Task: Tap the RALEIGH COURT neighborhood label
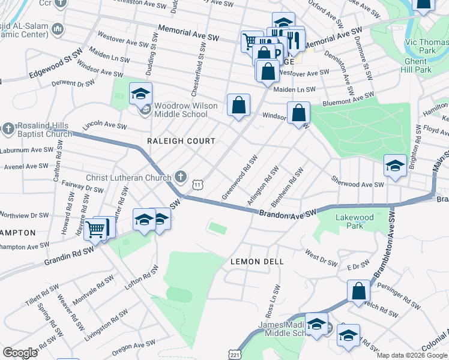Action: pyautogui.click(x=181, y=141)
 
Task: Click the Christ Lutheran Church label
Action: pyautogui.click(x=128, y=177)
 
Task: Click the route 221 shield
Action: pyautogui.click(x=237, y=353)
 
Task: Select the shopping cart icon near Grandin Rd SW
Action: pyautogui.click(x=95, y=229)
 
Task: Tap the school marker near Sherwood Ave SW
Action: pyautogui.click(x=395, y=166)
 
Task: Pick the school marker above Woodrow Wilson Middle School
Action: pyautogui.click(x=140, y=94)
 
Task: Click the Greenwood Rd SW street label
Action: pyautogui.click(x=240, y=178)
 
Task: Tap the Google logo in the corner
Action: pyautogui.click(x=20, y=352)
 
